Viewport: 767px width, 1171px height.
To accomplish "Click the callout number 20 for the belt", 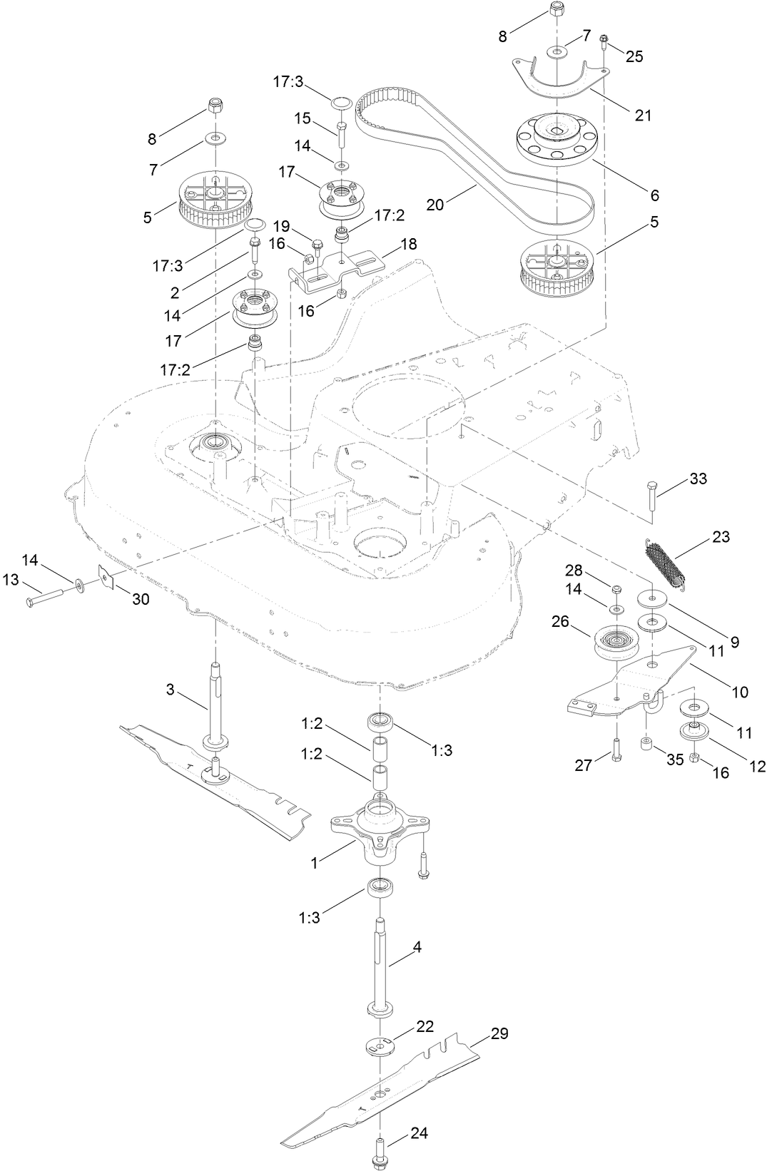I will point(435,205).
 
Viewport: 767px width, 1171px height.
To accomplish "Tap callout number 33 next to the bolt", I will point(698,478).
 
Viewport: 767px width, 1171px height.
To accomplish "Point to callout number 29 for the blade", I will point(499,1033).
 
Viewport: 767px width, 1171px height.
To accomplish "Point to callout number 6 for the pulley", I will point(654,195).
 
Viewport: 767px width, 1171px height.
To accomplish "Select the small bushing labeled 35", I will point(646,745).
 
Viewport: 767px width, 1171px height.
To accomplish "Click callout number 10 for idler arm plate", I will point(740,691).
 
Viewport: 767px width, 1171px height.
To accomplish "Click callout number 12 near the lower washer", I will point(756,766).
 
